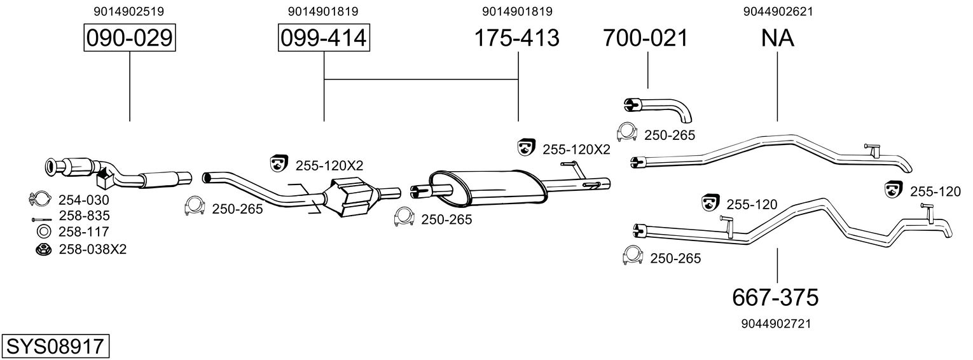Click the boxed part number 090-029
click(x=130, y=38)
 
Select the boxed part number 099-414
click(x=324, y=38)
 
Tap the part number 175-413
click(x=516, y=38)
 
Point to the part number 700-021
click(x=645, y=38)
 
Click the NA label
click(x=778, y=38)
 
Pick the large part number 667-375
click(x=775, y=298)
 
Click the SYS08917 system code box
click(x=55, y=347)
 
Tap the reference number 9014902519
click(x=129, y=11)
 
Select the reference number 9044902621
click(x=778, y=11)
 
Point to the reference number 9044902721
click(x=776, y=324)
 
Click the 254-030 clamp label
click(x=84, y=200)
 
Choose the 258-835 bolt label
click(x=85, y=216)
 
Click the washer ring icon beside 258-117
click(x=44, y=232)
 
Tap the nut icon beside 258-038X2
click(x=43, y=250)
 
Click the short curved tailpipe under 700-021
click(x=656, y=110)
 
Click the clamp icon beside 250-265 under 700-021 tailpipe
click(x=626, y=132)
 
